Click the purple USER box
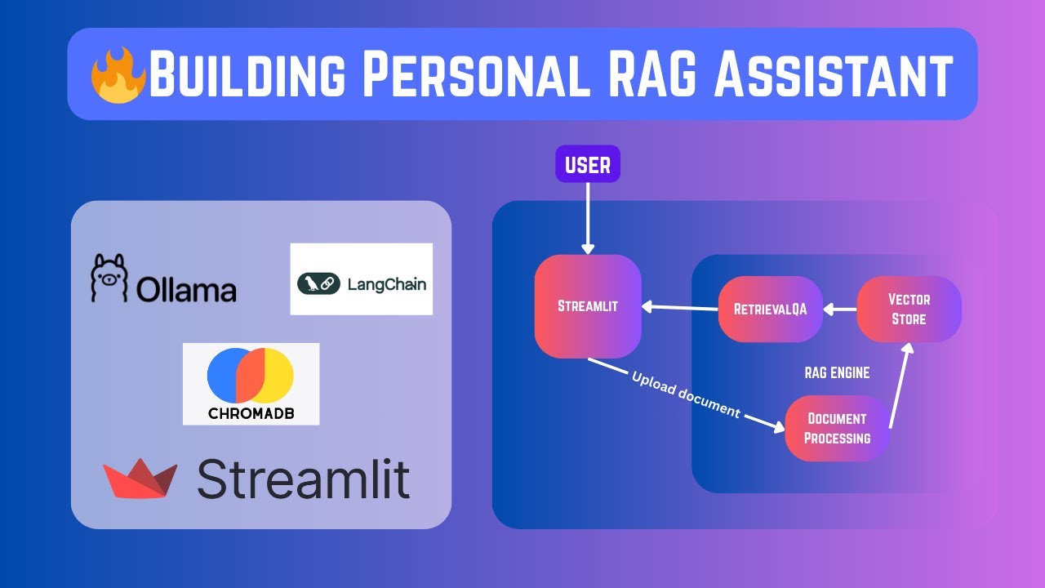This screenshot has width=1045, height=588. [x=588, y=164]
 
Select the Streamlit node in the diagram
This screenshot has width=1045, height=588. [x=588, y=306]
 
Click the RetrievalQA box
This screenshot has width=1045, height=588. [x=770, y=309]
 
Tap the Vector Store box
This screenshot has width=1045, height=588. [x=909, y=309]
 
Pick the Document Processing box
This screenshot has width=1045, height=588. [x=837, y=428]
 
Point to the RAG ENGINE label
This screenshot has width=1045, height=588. [x=837, y=373]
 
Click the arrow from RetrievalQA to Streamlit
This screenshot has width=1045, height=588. [x=679, y=308]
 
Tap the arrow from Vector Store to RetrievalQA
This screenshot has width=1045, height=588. [x=840, y=310]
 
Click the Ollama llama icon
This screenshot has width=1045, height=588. [x=110, y=278]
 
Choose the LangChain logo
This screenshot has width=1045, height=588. [x=361, y=279]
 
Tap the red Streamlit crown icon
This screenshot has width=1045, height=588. [x=140, y=479]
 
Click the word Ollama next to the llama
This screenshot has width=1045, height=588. [x=187, y=290]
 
